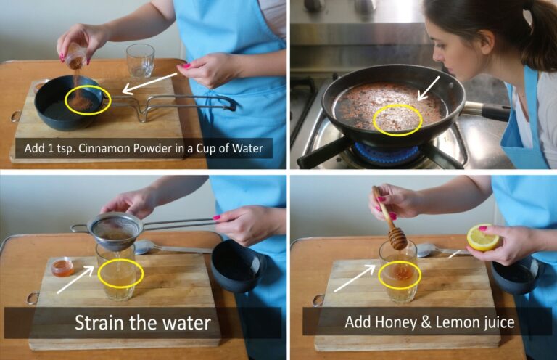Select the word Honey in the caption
pos(394,322)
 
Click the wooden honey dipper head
pos(398,239)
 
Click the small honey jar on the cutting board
pos(62,267)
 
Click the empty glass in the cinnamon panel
pos(140,61)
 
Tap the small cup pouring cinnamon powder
pos(75,58)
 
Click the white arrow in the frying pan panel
pos(429,88)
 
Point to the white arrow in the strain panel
pos(75,280)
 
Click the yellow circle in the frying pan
pos(398,120)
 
